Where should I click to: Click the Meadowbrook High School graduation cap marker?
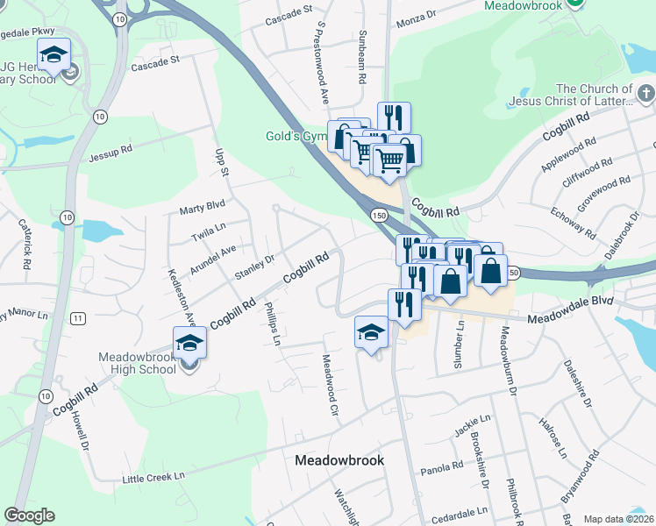click(x=189, y=344)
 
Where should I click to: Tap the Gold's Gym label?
click(x=296, y=136)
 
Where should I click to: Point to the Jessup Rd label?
click(x=111, y=153)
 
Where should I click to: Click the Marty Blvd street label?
click(x=202, y=208)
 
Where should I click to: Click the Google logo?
click(x=29, y=515)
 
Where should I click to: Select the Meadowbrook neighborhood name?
click(x=339, y=460)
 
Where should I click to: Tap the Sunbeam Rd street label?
click(x=360, y=60)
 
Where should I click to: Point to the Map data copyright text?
click(x=618, y=519)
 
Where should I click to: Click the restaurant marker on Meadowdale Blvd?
click(x=403, y=308)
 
